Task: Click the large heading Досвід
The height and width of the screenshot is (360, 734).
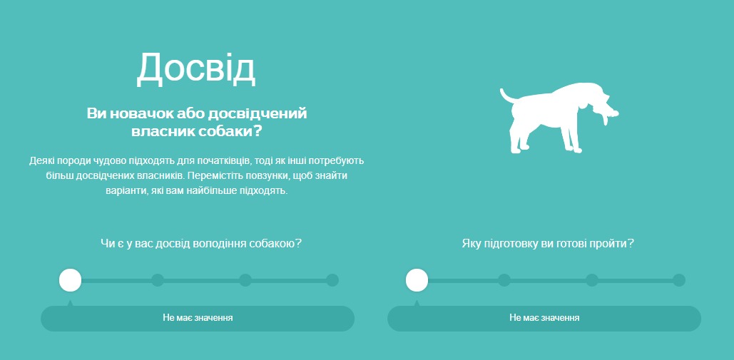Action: pyautogui.click(x=196, y=68)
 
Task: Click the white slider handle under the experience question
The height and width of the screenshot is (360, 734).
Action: pyautogui.click(x=70, y=280)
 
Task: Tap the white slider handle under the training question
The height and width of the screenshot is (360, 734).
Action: pyautogui.click(x=417, y=280)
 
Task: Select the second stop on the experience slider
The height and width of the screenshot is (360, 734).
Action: pyautogui.click(x=158, y=280)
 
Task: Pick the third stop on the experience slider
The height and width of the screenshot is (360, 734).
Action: pyautogui.click(x=245, y=280)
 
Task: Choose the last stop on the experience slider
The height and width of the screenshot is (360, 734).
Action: pyautogui.click(x=332, y=280)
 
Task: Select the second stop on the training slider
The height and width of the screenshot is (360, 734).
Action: pyautogui.click(x=504, y=280)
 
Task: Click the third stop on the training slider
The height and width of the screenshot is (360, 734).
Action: pyautogui.click(x=592, y=280)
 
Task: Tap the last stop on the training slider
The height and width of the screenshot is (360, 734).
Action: pyautogui.click(x=679, y=280)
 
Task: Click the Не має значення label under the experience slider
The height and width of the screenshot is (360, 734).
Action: pyautogui.click(x=198, y=318)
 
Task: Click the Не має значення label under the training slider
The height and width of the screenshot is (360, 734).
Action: pyautogui.click(x=544, y=318)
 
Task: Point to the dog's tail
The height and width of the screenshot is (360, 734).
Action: pyautogui.click(x=508, y=96)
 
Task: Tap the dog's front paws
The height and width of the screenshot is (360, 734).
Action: pyautogui.click(x=574, y=148)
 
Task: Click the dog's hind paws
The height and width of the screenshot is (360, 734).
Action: pyautogui.click(x=519, y=149)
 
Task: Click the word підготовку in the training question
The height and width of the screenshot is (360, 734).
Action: pyautogui.click(x=508, y=244)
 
